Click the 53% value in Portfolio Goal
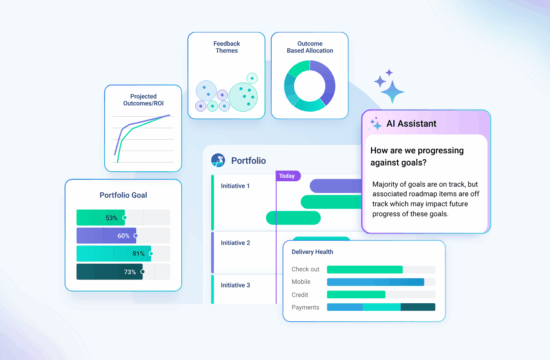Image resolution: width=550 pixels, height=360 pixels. coord(111,217)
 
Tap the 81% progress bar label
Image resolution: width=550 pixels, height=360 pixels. coord(137,254)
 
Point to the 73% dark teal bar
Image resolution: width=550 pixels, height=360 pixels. coord(109,272)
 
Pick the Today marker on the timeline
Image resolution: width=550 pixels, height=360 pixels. coord(288,175)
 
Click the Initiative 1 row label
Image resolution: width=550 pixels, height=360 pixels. coord(234,186)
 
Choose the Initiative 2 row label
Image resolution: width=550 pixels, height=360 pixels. coord(234,243)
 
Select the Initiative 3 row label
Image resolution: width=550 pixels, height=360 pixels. coord(234,286)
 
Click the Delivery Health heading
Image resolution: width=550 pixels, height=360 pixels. coord(319,252)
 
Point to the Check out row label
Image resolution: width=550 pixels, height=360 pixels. coord(305,269)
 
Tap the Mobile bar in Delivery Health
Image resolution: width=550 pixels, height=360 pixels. coord(375,282)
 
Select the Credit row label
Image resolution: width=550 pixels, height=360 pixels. coord(299,295)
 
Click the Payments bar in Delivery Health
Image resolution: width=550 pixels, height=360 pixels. coord(381,307)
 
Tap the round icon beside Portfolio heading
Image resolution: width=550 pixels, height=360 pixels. coord(218,160)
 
